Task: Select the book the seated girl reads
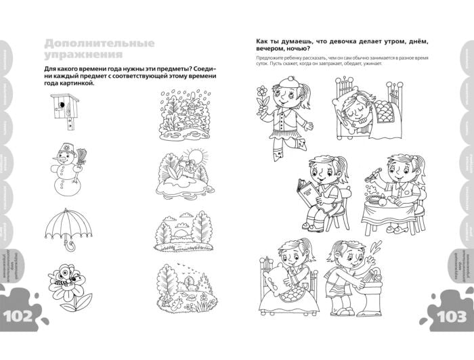311,194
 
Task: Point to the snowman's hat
64,147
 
